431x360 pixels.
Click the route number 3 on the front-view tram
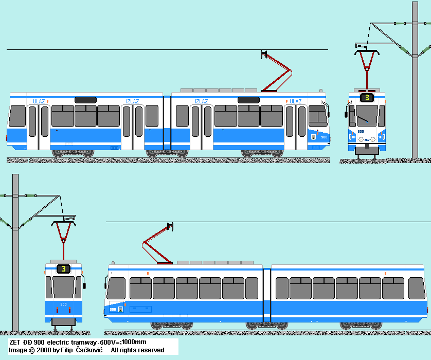(367, 97)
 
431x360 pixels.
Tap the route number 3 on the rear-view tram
(63, 268)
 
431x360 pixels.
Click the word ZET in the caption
(15, 342)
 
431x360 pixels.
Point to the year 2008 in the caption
(44, 350)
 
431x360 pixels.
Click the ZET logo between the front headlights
(367, 139)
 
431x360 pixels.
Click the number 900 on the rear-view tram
(63, 304)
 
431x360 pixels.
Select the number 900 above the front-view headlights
(361, 132)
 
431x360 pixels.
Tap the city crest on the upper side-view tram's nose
(314, 137)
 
